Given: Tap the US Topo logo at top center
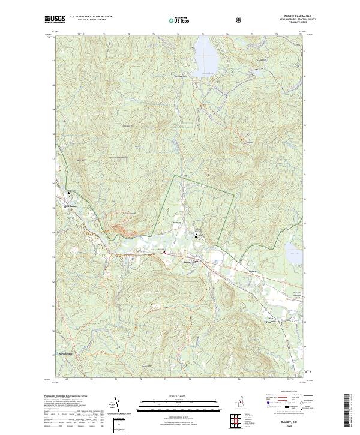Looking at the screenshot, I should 180,19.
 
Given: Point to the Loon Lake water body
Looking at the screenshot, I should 294,252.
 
